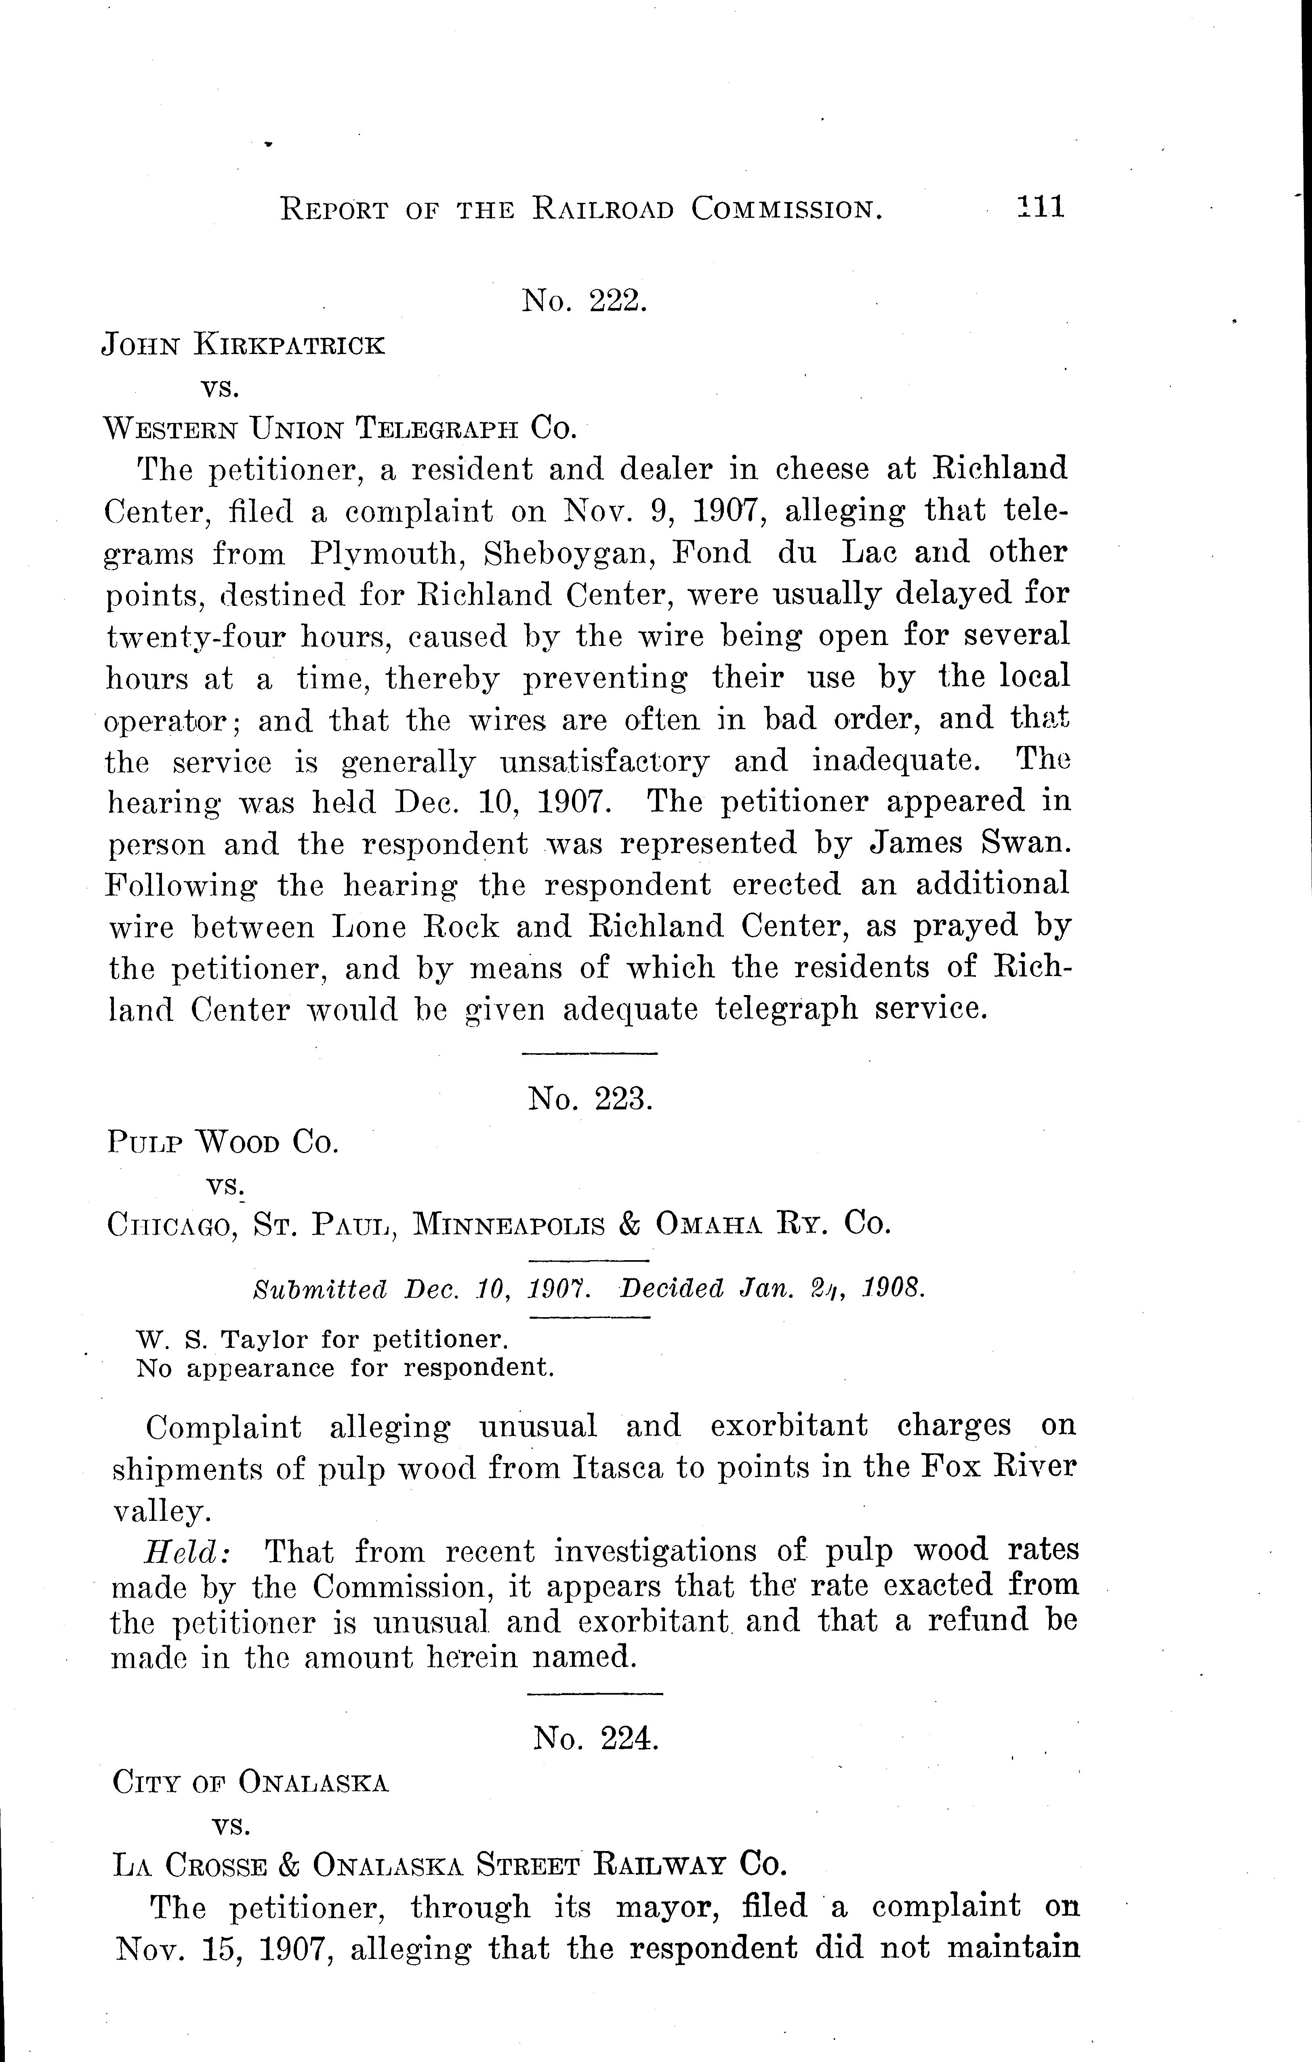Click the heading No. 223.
590,1098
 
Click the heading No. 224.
595,1737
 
